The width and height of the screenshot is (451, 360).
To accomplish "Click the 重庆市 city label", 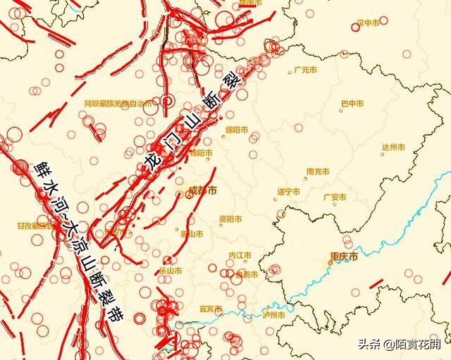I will pyautogui.click(x=344, y=257).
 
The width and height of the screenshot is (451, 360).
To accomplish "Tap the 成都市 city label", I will pyautogui.click(x=204, y=191).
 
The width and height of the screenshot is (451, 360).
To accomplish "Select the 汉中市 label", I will pyautogui.click(x=369, y=23).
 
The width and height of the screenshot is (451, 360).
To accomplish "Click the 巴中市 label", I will pyautogui.click(x=352, y=104).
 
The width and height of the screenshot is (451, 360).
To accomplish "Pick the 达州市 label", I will pyautogui.click(x=393, y=147).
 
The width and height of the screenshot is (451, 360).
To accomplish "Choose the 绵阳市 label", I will pyautogui.click(x=237, y=130).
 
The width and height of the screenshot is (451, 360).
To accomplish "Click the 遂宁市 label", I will pyautogui.click(x=288, y=192).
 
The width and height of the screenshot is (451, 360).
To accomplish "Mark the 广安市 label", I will pyautogui.click(x=335, y=197).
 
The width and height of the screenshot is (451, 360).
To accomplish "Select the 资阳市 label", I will pyautogui.click(x=231, y=218).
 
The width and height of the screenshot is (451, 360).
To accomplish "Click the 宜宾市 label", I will pyautogui.click(x=211, y=309).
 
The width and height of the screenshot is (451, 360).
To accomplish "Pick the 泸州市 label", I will pyautogui.click(x=273, y=315).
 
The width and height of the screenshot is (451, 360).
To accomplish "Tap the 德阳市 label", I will pyautogui.click(x=201, y=152).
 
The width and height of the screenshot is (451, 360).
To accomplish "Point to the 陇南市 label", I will pyautogui.click(x=250, y=3).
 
